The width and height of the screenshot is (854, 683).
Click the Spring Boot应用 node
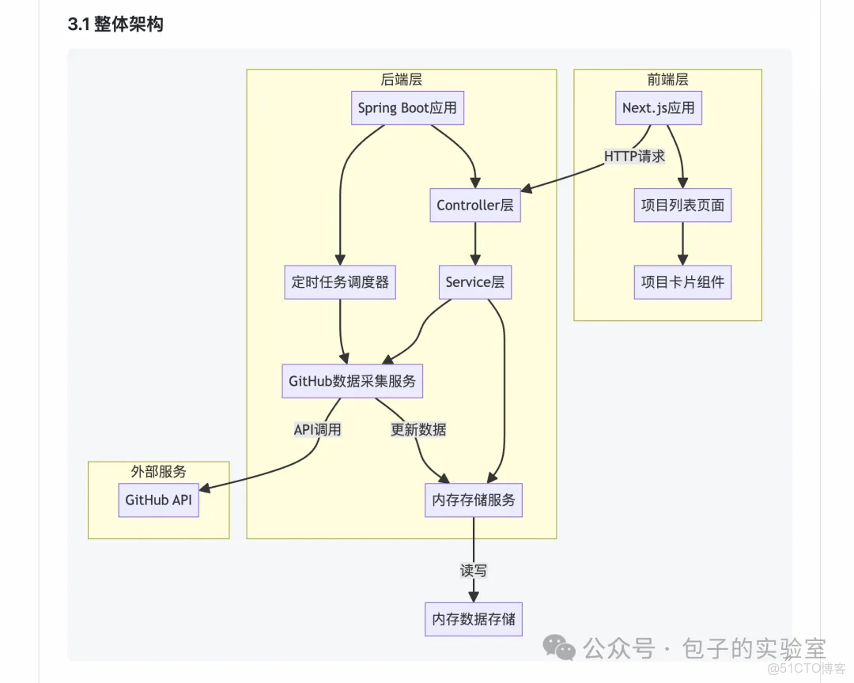pos(407,108)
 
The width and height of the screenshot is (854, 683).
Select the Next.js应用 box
pos(658,108)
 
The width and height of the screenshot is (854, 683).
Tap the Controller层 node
pos(474,206)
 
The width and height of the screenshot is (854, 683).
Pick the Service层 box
pos(474,282)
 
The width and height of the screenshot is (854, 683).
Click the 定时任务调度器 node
pos(340,282)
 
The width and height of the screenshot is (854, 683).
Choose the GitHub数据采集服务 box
pos(352,381)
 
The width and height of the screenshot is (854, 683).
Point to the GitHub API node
pos(158,500)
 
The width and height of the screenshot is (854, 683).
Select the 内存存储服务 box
pos(474,500)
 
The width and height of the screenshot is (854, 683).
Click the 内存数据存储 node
pos(474,619)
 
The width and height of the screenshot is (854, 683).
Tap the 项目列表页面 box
pos(682,206)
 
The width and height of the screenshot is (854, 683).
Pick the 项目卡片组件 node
pos(682,282)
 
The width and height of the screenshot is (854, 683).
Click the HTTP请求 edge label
pos(634,157)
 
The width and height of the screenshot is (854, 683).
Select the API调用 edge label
pos(318,430)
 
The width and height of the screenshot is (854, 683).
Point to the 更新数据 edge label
pos(418,430)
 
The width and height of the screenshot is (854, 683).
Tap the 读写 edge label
pos(474,570)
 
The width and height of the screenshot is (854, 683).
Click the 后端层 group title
pos(401,79)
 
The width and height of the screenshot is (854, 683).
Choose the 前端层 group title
pos(667,79)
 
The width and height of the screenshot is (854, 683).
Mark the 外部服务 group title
pos(158,472)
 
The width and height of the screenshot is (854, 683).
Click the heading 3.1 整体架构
pos(115,25)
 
